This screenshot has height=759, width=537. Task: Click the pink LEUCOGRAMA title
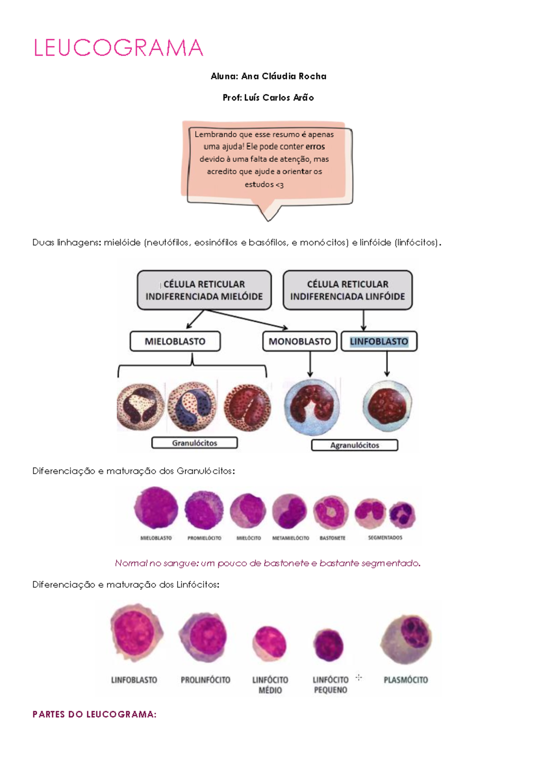tap(118, 48)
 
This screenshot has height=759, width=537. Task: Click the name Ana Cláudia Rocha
tap(284, 76)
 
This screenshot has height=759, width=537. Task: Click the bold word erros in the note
tap(315, 147)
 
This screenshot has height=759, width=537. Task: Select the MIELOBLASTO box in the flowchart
tap(175, 341)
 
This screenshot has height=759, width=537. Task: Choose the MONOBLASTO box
tap(299, 341)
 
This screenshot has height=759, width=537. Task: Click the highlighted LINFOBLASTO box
tap(379, 341)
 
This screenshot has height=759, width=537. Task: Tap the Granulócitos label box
tap(195, 443)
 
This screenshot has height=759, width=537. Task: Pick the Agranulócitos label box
tap(354, 445)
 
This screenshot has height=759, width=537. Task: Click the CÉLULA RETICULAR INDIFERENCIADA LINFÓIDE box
tap(347, 290)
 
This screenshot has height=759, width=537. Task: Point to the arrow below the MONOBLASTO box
tap(310, 364)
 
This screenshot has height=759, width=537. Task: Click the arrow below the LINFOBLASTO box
tap(387, 363)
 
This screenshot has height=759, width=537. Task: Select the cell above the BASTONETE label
tap(331, 512)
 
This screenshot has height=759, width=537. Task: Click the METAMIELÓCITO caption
tap(291, 538)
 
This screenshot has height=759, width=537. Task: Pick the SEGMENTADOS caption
tap(385, 538)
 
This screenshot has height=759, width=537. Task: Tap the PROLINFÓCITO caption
tap(205, 680)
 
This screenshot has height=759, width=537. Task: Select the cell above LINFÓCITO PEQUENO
tap(328, 645)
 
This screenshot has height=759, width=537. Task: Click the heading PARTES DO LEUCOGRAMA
tap(94, 715)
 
